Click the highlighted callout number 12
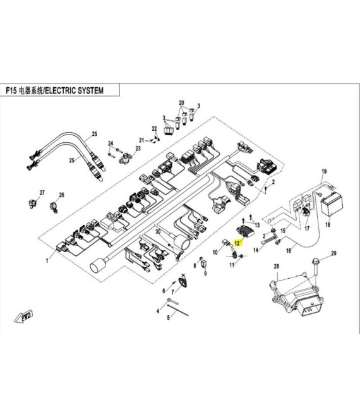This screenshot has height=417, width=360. coord(237,243)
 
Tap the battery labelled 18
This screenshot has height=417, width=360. coord(332,205)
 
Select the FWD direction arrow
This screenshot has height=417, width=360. coord(23,317)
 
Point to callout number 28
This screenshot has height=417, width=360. coord(276,266)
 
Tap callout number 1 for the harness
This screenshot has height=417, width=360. coord(47,260)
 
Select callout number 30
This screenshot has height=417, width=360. coord(158,232)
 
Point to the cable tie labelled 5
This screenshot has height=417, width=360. coord(178,310)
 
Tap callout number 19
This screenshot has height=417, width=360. coord(324,171)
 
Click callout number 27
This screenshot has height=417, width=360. coord(42,193)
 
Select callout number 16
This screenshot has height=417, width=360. coord(289,250)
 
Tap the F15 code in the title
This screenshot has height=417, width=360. coord(11,91)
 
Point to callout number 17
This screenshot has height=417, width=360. coord(307,229)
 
